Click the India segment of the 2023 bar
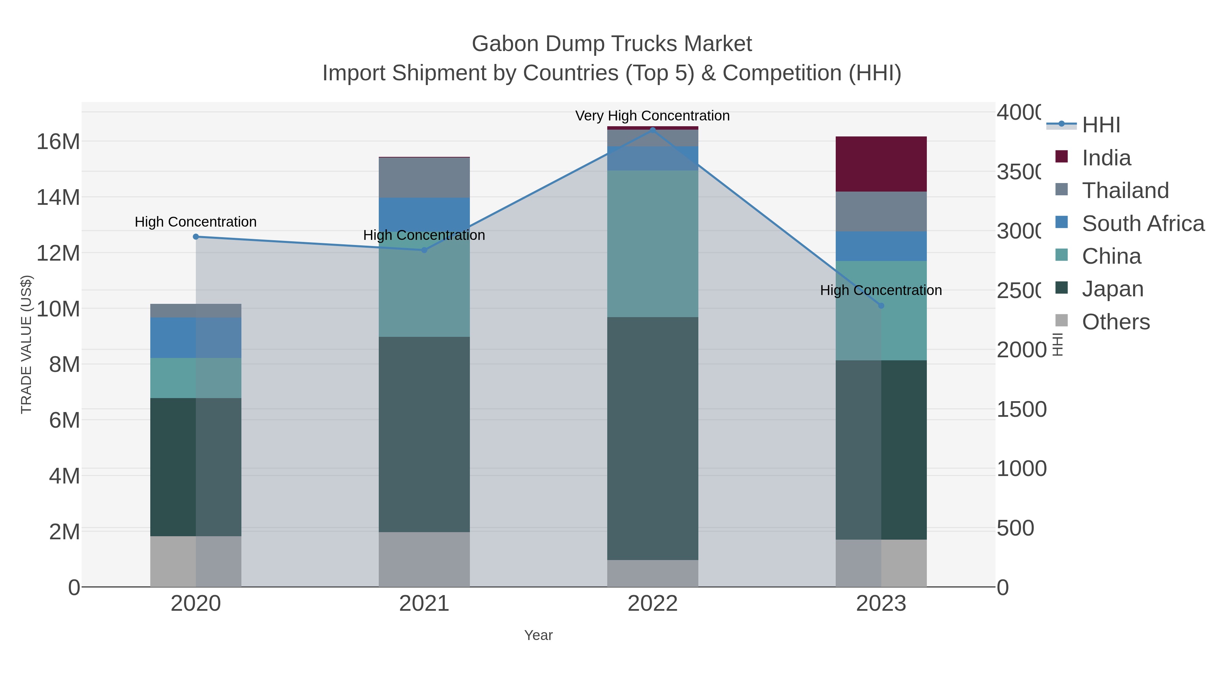click(881, 164)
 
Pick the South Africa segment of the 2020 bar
click(195, 338)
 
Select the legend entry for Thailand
click(1125, 191)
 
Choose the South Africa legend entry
click(1143, 224)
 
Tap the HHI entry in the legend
click(1101, 125)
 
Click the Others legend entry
click(1116, 322)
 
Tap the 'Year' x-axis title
click(538, 635)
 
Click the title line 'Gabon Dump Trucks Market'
click(612, 44)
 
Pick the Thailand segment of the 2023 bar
click(881, 212)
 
